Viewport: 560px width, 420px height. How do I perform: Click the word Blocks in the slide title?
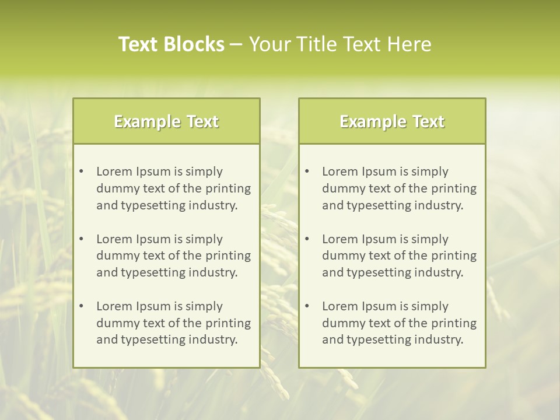pos(194,44)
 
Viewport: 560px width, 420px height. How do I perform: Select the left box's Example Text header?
pos(166,121)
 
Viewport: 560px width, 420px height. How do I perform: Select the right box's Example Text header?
pos(392,121)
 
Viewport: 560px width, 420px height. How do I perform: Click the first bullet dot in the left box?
pos(81,171)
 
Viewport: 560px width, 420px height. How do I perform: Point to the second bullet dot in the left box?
pos(81,239)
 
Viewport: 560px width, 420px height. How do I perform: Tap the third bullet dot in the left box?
pos(81,306)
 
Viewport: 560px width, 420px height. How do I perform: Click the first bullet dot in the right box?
pos(307,171)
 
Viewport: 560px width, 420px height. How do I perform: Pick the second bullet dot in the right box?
pos(307,239)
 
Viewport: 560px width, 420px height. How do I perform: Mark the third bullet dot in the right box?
pos(307,306)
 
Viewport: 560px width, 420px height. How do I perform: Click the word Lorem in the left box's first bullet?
pos(114,171)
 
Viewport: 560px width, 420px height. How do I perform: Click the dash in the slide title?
pos(236,45)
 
